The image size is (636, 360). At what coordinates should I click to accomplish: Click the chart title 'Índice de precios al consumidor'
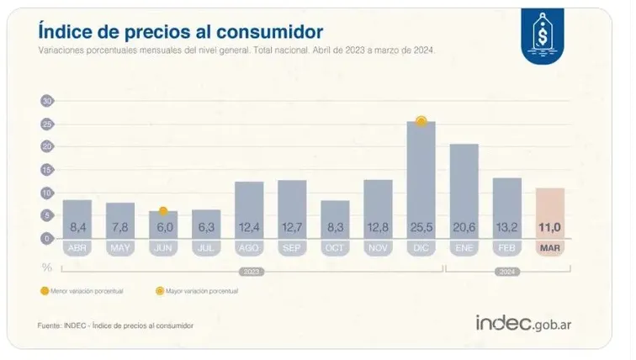pos(180,31)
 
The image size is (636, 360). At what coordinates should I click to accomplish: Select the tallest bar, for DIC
pos(421,181)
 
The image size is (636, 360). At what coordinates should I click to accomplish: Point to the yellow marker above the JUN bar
pos(163,211)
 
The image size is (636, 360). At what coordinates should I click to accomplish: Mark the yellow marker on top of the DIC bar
pos(421,122)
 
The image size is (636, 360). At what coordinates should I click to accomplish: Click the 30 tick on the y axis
pos(47,101)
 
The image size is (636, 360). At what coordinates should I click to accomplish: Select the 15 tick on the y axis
pos(47,170)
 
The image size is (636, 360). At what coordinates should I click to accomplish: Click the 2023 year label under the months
pos(250,272)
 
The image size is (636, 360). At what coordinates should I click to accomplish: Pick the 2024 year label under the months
pos(506,272)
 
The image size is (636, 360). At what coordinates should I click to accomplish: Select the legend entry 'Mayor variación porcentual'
pos(199,291)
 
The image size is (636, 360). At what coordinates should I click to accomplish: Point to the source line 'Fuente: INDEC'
pos(115,325)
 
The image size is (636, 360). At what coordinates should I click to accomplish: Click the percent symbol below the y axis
pos(47,267)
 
